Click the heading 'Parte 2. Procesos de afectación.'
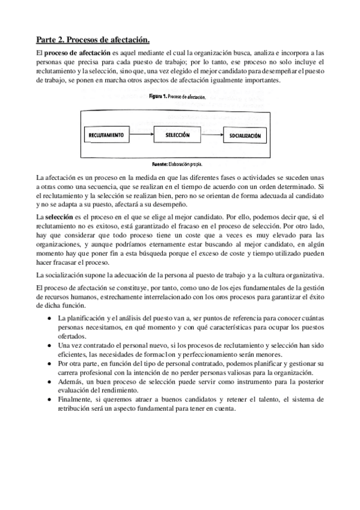pos(92,40)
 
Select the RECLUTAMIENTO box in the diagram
pos(105,135)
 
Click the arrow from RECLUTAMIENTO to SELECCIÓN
pos(142,135)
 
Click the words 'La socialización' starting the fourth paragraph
pos(60,275)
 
